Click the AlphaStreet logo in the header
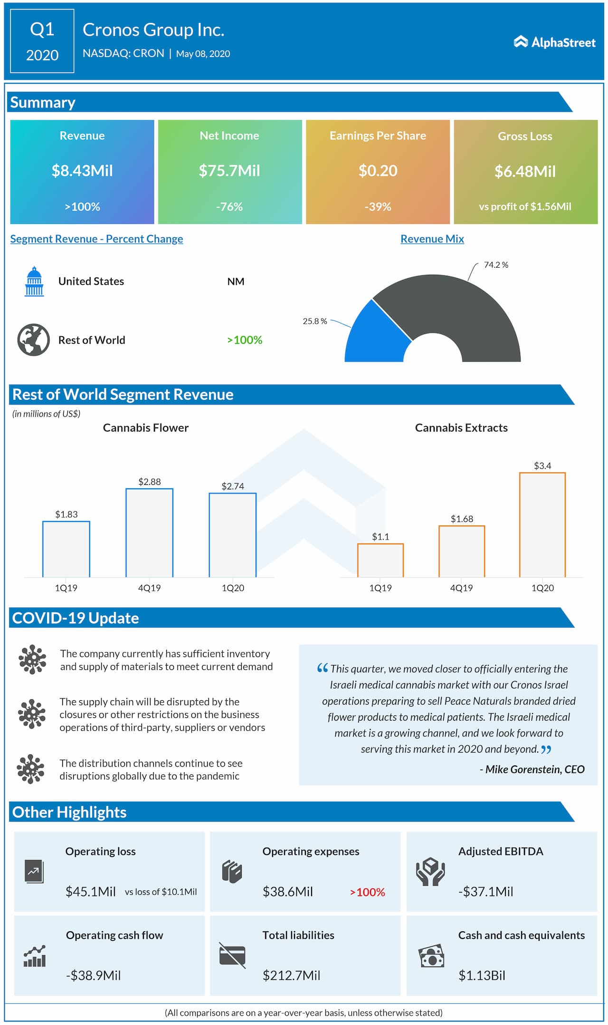pos(554,42)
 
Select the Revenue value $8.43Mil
pos(82,171)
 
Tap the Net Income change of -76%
pos(229,207)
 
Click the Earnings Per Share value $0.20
pos(378,171)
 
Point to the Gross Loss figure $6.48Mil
pos(525,172)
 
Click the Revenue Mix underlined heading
pos(432,239)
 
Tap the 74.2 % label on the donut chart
pos(495,265)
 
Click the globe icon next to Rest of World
pos(33,340)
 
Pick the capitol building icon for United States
pos(34,281)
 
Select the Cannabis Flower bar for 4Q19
pos(149,532)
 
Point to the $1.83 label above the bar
pos(66,514)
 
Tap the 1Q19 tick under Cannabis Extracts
pos(380,588)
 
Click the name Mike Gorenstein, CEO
pos(534,769)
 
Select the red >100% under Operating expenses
pos(367,892)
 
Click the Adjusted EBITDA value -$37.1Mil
pos(485,892)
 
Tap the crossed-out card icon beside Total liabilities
pos(232,955)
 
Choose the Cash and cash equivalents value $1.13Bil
pos(481,976)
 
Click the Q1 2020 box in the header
pos(42,41)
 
